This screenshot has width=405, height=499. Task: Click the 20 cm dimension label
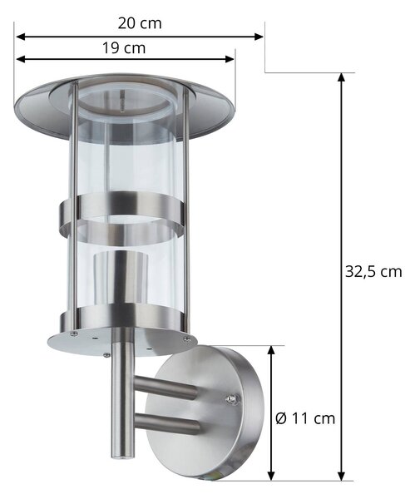point(140,23)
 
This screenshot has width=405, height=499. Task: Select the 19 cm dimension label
point(124,48)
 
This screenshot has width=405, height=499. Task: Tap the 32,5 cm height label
point(373,272)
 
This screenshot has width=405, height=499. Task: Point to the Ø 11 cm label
point(305,418)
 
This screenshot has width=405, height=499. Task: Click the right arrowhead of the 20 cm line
point(259,37)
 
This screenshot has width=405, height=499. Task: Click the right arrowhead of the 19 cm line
point(230,59)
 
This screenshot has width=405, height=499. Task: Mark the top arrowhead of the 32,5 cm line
point(341,78)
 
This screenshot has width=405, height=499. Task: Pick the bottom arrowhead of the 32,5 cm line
point(341,475)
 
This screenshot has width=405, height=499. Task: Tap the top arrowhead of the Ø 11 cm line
point(271,351)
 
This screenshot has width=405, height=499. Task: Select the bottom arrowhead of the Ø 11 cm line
point(271,475)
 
